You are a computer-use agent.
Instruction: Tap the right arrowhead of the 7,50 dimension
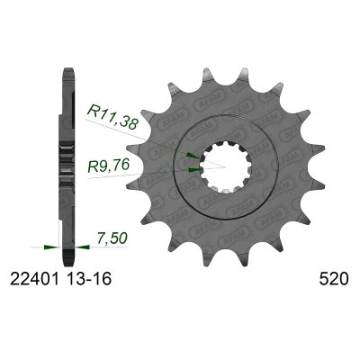(75, 243)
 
